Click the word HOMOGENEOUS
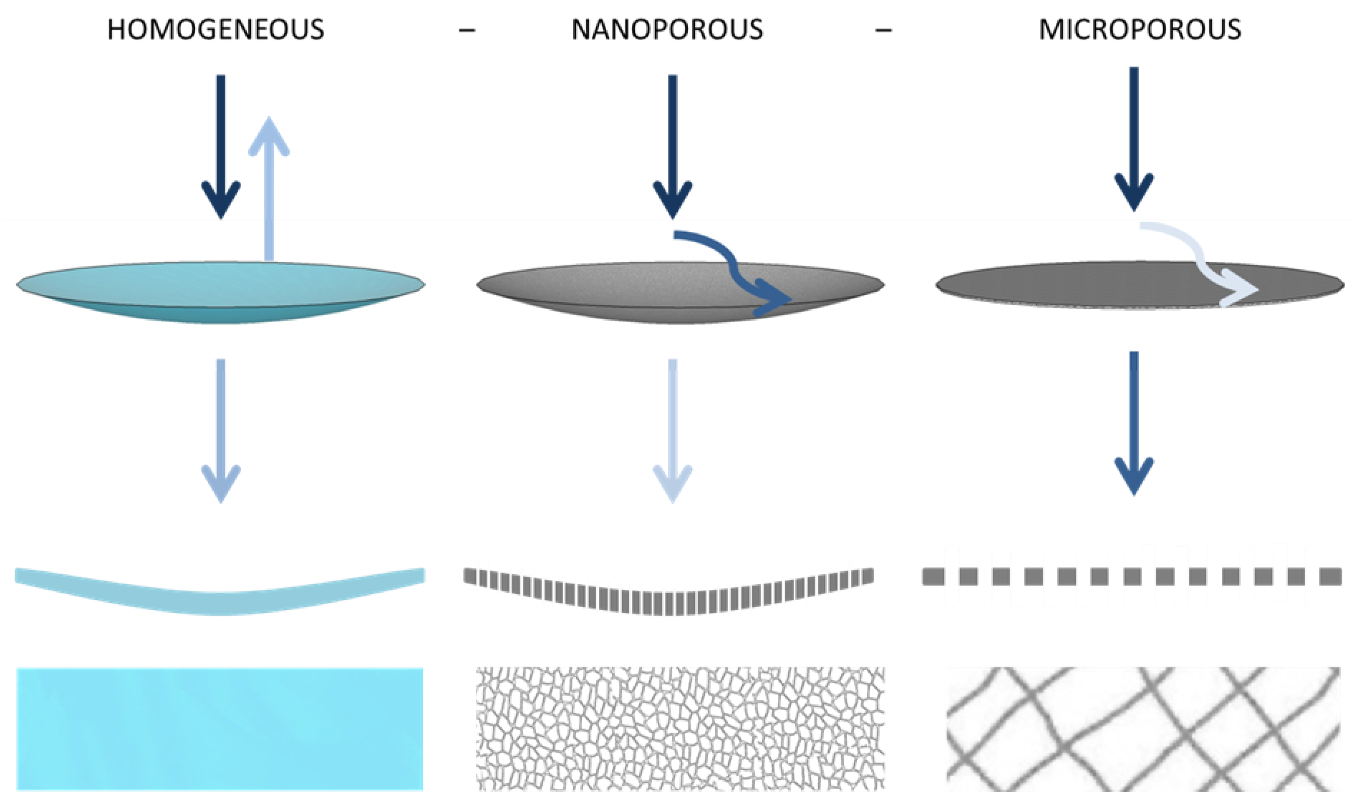pyautogui.click(x=216, y=30)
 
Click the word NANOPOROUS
pyautogui.click(x=667, y=30)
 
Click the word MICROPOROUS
pyautogui.click(x=1140, y=30)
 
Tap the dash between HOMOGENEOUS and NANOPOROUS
pyautogui.click(x=467, y=31)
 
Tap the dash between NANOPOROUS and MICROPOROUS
pyautogui.click(x=883, y=31)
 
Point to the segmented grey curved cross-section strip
pyautogui.click(x=669, y=601)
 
